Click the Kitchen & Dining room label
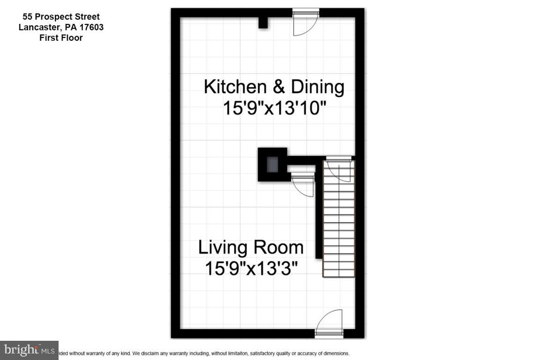pos(274,87)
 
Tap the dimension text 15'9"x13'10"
pos(274,109)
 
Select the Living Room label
pos(251,247)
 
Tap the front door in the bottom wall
pos(330,323)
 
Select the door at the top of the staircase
pos(339,168)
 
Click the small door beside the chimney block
pos(303,184)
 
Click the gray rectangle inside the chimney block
pos(272,165)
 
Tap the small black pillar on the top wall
pos(263,22)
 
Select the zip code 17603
pos(92,27)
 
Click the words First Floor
pos(61,38)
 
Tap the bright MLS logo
pos(29,350)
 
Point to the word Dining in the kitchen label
pos(318,87)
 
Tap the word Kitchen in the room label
pos(232,87)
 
